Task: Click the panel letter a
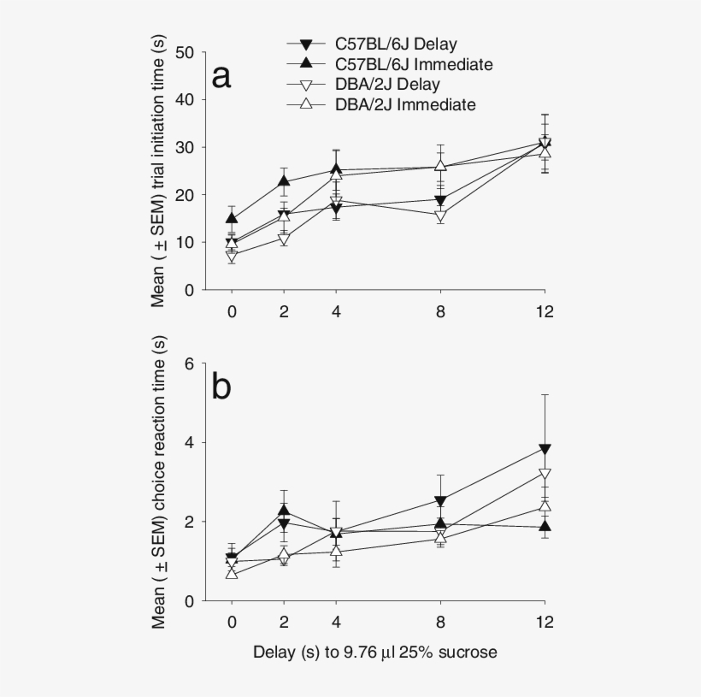[x=222, y=76]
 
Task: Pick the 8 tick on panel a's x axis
[x=440, y=311]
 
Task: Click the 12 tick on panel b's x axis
[x=545, y=622]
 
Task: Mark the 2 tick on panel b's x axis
[x=284, y=622]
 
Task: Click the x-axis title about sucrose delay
[x=375, y=653]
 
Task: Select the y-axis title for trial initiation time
[x=160, y=171]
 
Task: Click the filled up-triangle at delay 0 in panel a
[x=232, y=219]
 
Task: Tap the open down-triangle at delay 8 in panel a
[x=440, y=216]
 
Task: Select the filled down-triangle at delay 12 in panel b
[x=545, y=449]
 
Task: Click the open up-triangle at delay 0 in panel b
[x=232, y=573]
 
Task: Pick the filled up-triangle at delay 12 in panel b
[x=545, y=526]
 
